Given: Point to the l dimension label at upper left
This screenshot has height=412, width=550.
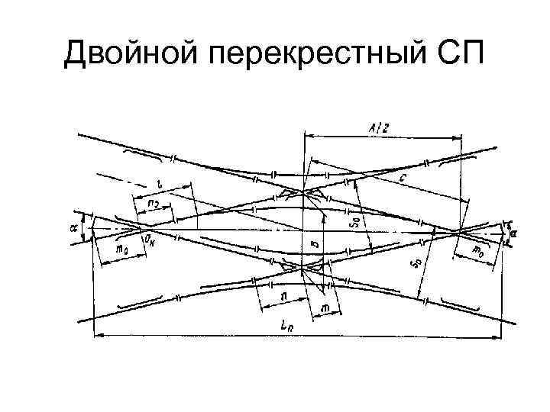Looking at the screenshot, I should pyautogui.click(x=159, y=184).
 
